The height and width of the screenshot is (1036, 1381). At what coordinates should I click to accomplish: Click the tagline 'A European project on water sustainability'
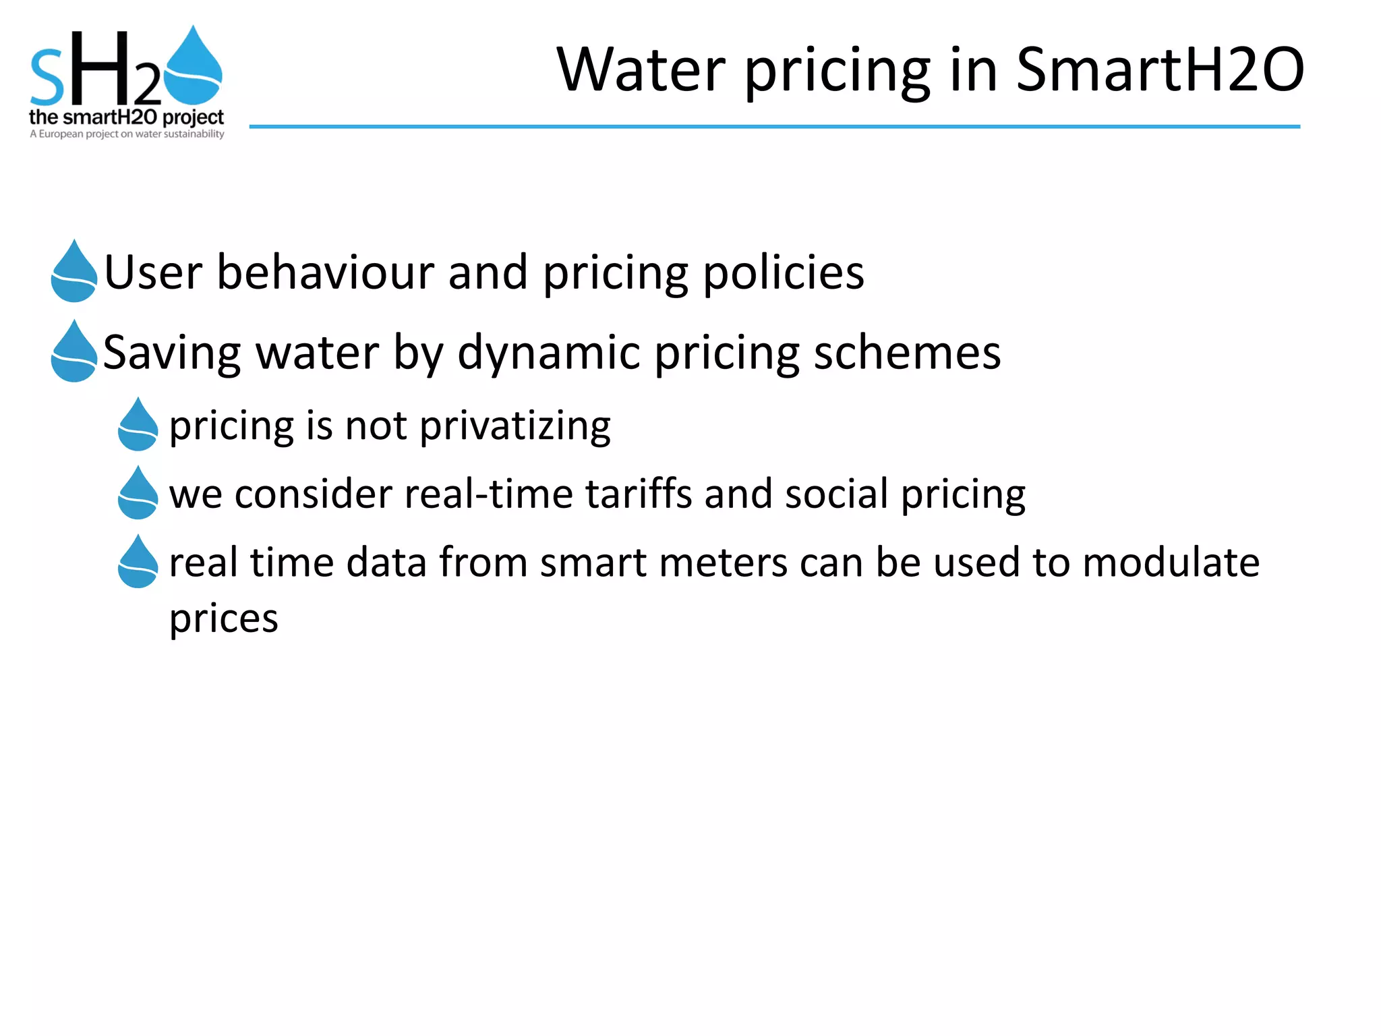pyautogui.click(x=127, y=134)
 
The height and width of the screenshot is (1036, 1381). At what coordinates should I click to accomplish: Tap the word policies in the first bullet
pyautogui.click(x=784, y=272)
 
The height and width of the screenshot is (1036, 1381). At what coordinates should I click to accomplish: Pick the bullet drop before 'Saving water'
pyautogui.click(x=74, y=352)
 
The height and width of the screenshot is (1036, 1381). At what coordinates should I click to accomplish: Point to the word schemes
pyautogui.click(x=907, y=353)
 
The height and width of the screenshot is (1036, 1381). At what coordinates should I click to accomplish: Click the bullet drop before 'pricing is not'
pyautogui.click(x=138, y=425)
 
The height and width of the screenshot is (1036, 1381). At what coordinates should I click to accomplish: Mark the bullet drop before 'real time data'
pyautogui.click(x=138, y=563)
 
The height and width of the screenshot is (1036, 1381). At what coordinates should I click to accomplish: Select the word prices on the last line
pyautogui.click(x=223, y=618)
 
